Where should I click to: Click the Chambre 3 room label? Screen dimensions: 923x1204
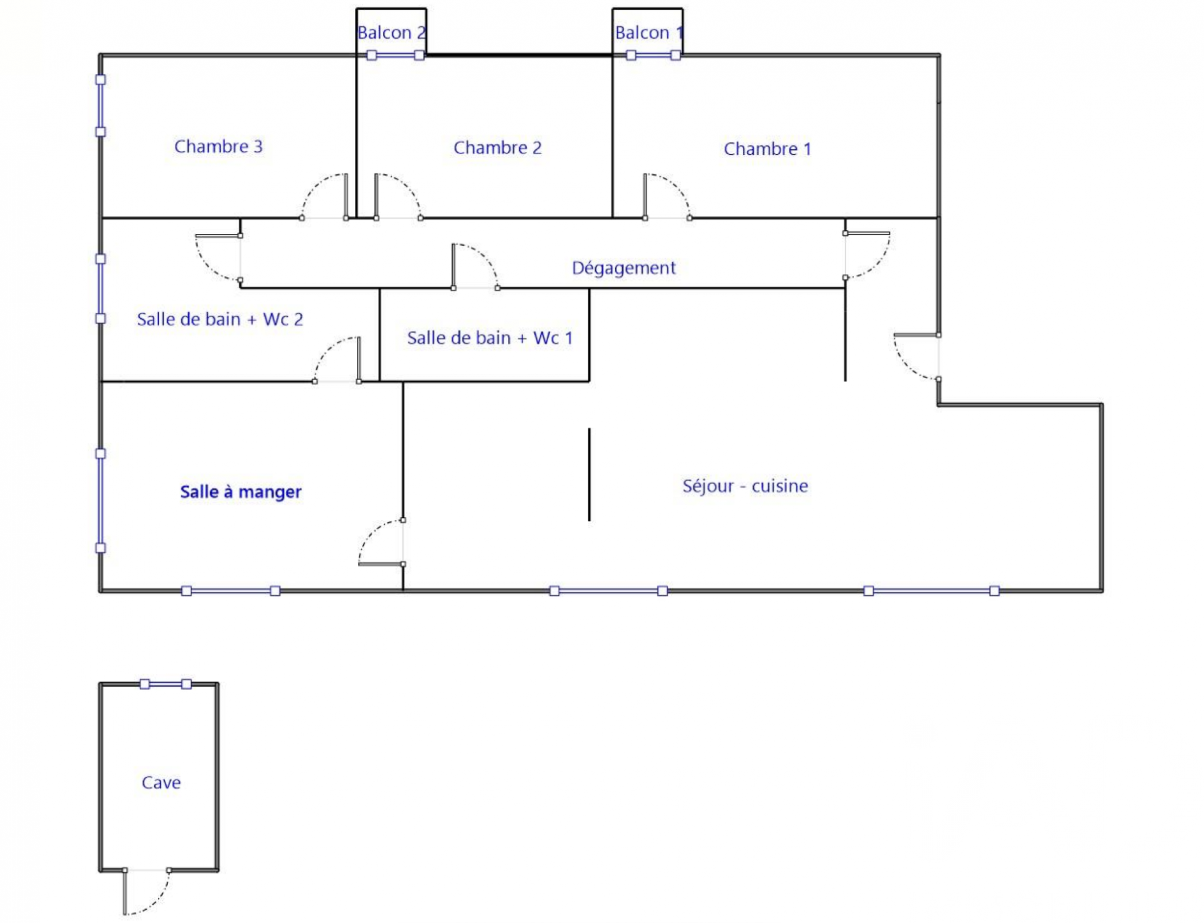218,147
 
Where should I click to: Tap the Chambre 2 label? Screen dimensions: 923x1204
497,148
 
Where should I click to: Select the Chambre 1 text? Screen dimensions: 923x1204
767,149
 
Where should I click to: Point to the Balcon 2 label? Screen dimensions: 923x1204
391,33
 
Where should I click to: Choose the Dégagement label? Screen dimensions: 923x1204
623,268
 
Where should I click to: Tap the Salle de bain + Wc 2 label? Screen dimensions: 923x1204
219,320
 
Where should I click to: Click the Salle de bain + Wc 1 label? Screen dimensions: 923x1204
490,339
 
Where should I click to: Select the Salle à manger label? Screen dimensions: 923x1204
241,492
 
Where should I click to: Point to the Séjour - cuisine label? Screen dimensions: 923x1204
745,487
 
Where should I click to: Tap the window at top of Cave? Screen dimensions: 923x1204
166,684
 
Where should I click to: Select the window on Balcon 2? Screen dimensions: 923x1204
395,56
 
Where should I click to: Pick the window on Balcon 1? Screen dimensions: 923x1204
653,56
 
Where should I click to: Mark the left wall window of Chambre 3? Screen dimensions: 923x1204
100,106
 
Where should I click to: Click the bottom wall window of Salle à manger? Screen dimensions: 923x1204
231,591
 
